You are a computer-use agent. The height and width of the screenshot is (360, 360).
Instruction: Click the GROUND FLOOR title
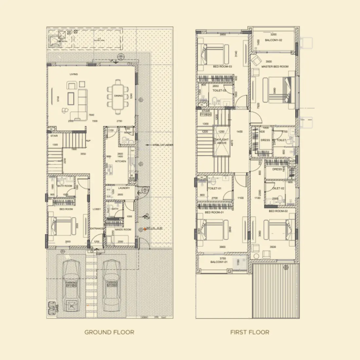tap(109, 332)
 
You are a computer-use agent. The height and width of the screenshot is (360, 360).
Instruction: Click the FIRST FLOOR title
tap(250, 332)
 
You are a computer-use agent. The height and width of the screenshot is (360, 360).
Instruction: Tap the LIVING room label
tap(74, 74)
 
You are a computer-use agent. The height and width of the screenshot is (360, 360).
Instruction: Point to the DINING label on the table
tap(118, 96)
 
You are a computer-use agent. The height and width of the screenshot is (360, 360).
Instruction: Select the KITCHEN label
tap(120, 161)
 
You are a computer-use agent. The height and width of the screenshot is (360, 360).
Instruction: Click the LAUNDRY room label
tap(124, 188)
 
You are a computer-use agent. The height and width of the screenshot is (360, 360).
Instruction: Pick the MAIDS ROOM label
tap(123, 229)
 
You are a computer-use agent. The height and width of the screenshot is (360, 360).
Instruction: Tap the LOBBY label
tap(97, 209)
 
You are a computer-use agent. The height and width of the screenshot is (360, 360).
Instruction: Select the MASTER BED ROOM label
tap(275, 67)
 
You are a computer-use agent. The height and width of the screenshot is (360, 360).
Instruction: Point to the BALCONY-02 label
tap(274, 40)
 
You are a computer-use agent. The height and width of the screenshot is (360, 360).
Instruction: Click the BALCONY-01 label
tap(219, 262)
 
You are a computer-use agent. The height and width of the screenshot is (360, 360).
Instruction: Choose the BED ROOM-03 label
tap(223, 67)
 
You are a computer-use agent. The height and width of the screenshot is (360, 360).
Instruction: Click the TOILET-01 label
tap(214, 189)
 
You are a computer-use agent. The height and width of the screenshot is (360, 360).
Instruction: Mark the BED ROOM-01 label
tap(214, 213)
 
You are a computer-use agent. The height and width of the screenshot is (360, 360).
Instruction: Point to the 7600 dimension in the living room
tap(92, 115)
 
